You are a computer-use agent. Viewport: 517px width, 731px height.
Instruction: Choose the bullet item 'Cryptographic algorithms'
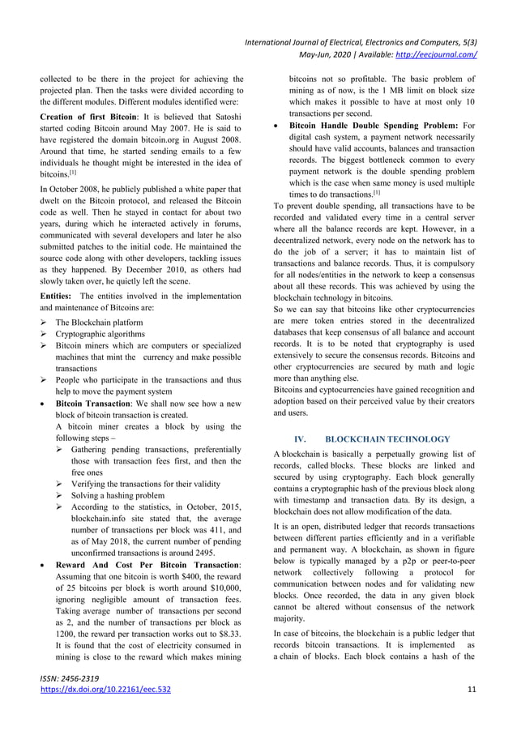click(x=100, y=334)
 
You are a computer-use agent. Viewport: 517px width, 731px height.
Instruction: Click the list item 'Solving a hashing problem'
click(x=121, y=494)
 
